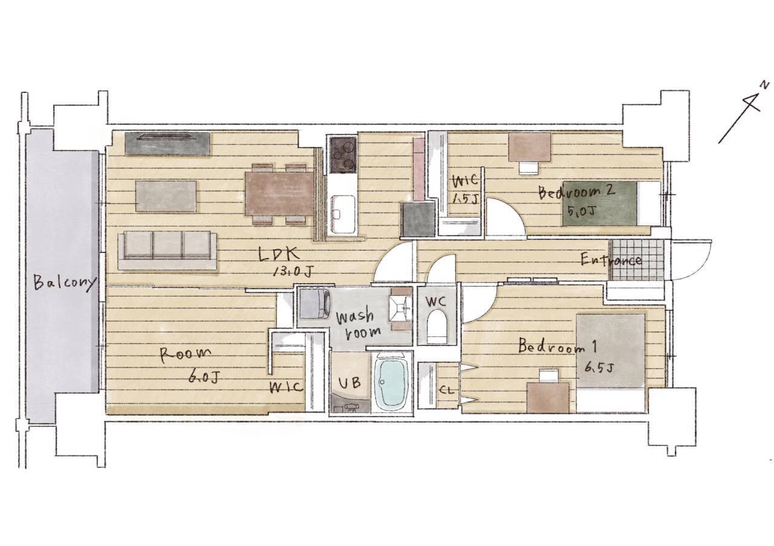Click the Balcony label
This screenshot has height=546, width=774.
64,283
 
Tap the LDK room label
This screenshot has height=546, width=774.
279,255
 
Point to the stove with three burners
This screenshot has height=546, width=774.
343,155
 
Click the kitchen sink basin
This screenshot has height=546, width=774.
343,214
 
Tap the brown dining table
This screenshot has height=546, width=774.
279,194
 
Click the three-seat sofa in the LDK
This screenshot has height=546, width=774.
167,251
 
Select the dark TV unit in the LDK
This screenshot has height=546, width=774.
167,144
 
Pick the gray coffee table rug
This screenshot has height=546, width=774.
166,196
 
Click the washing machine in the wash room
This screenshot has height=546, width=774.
314,304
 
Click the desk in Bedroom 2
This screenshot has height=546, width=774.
529,147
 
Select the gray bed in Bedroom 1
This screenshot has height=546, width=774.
611,363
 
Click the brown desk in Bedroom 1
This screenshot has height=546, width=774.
548,397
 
